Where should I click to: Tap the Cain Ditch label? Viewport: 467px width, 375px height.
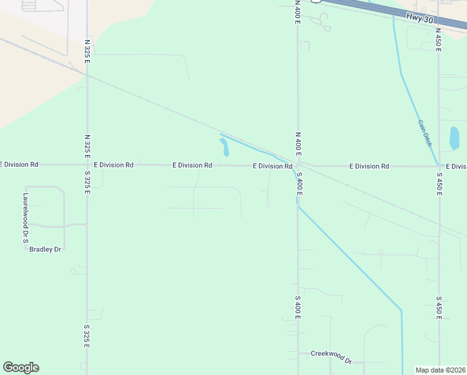pos(424,130)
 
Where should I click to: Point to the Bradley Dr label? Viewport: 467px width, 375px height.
pos(45,249)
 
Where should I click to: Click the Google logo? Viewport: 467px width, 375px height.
pos(21,367)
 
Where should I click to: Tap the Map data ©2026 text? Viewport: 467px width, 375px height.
pos(441,370)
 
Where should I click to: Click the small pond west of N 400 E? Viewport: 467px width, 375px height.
pos(224,147)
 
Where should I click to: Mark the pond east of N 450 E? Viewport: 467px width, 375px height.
pos(454,138)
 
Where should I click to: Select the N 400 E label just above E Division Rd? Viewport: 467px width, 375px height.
pos(298,143)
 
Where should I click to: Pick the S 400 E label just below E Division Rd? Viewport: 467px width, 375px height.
pos(299,183)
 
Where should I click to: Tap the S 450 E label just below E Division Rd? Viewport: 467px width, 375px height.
pos(439,184)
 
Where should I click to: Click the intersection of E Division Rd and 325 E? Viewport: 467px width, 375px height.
pos(87,165)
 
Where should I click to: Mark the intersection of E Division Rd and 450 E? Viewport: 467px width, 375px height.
pos(439,166)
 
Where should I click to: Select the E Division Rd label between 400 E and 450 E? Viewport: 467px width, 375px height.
pos(369,166)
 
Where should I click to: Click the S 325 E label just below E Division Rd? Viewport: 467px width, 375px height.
pos(87,184)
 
